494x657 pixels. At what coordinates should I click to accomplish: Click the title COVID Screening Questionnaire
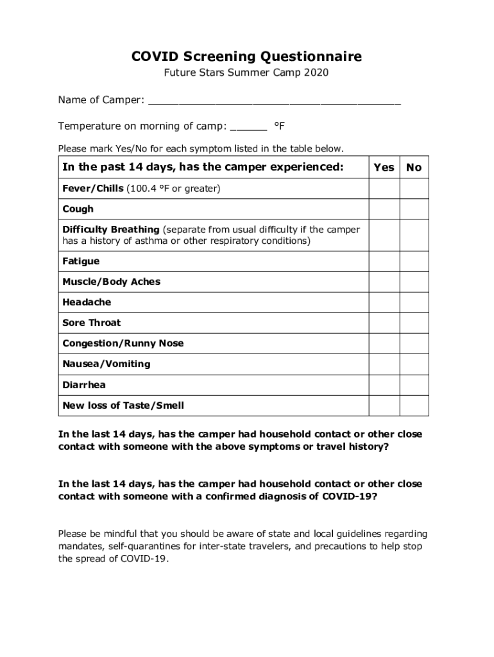246,57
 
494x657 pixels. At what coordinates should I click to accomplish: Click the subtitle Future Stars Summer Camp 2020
246,73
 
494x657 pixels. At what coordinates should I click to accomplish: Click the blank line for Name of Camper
275,101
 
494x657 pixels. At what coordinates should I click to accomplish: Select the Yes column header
384,167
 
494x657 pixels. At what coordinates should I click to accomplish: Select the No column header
414,167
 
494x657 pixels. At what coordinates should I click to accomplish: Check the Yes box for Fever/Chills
384,189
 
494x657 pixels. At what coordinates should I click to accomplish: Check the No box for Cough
414,209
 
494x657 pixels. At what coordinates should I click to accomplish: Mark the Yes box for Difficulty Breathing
384,235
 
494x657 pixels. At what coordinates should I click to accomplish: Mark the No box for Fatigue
414,262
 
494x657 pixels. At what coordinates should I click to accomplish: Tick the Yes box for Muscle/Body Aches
384,282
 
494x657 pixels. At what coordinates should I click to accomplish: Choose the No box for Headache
414,302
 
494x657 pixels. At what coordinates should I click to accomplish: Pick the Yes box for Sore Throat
384,323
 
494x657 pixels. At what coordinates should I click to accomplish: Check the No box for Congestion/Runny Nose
414,343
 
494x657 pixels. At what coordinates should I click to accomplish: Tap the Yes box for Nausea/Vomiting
384,364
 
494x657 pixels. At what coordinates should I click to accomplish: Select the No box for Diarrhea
414,385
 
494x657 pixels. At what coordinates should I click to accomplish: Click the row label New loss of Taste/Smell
123,405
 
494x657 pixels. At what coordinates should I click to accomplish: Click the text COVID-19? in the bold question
349,497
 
